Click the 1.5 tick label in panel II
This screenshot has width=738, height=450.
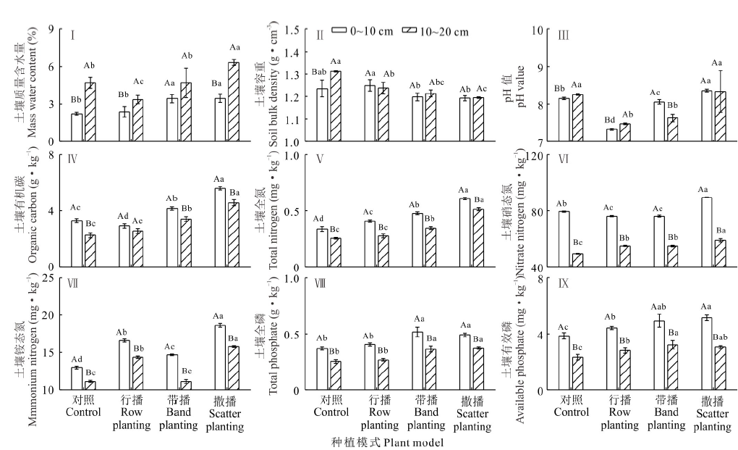(x=290, y=30)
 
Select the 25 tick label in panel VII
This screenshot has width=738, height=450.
(x=49, y=278)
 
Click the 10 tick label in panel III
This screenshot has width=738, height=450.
(x=533, y=30)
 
